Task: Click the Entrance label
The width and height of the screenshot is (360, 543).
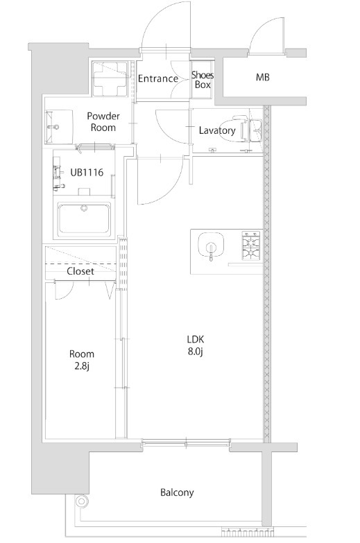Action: pos(158,79)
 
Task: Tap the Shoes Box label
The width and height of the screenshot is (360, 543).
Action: pos(203,80)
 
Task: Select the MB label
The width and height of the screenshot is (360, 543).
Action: pos(263,77)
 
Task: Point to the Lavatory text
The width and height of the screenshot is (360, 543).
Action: pos(217,130)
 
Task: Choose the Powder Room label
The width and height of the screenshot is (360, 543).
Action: pos(103,121)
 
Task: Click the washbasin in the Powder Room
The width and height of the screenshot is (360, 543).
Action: pos(59,127)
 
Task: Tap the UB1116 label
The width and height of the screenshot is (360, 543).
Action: pos(87,172)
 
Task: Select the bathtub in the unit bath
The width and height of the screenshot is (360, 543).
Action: pos(84,219)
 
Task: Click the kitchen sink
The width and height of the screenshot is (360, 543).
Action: pos(211,245)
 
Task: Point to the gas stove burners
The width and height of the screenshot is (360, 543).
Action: pos(250,245)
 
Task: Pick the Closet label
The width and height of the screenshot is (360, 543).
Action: pos(80,271)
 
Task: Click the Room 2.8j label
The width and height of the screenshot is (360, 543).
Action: pos(82,360)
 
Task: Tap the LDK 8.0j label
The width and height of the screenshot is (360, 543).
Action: pos(196,345)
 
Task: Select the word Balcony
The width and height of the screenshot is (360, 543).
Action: pos(177,492)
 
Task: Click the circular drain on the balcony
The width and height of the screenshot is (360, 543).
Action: pos(82,501)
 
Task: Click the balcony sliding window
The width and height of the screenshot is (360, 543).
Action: pos(186,442)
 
